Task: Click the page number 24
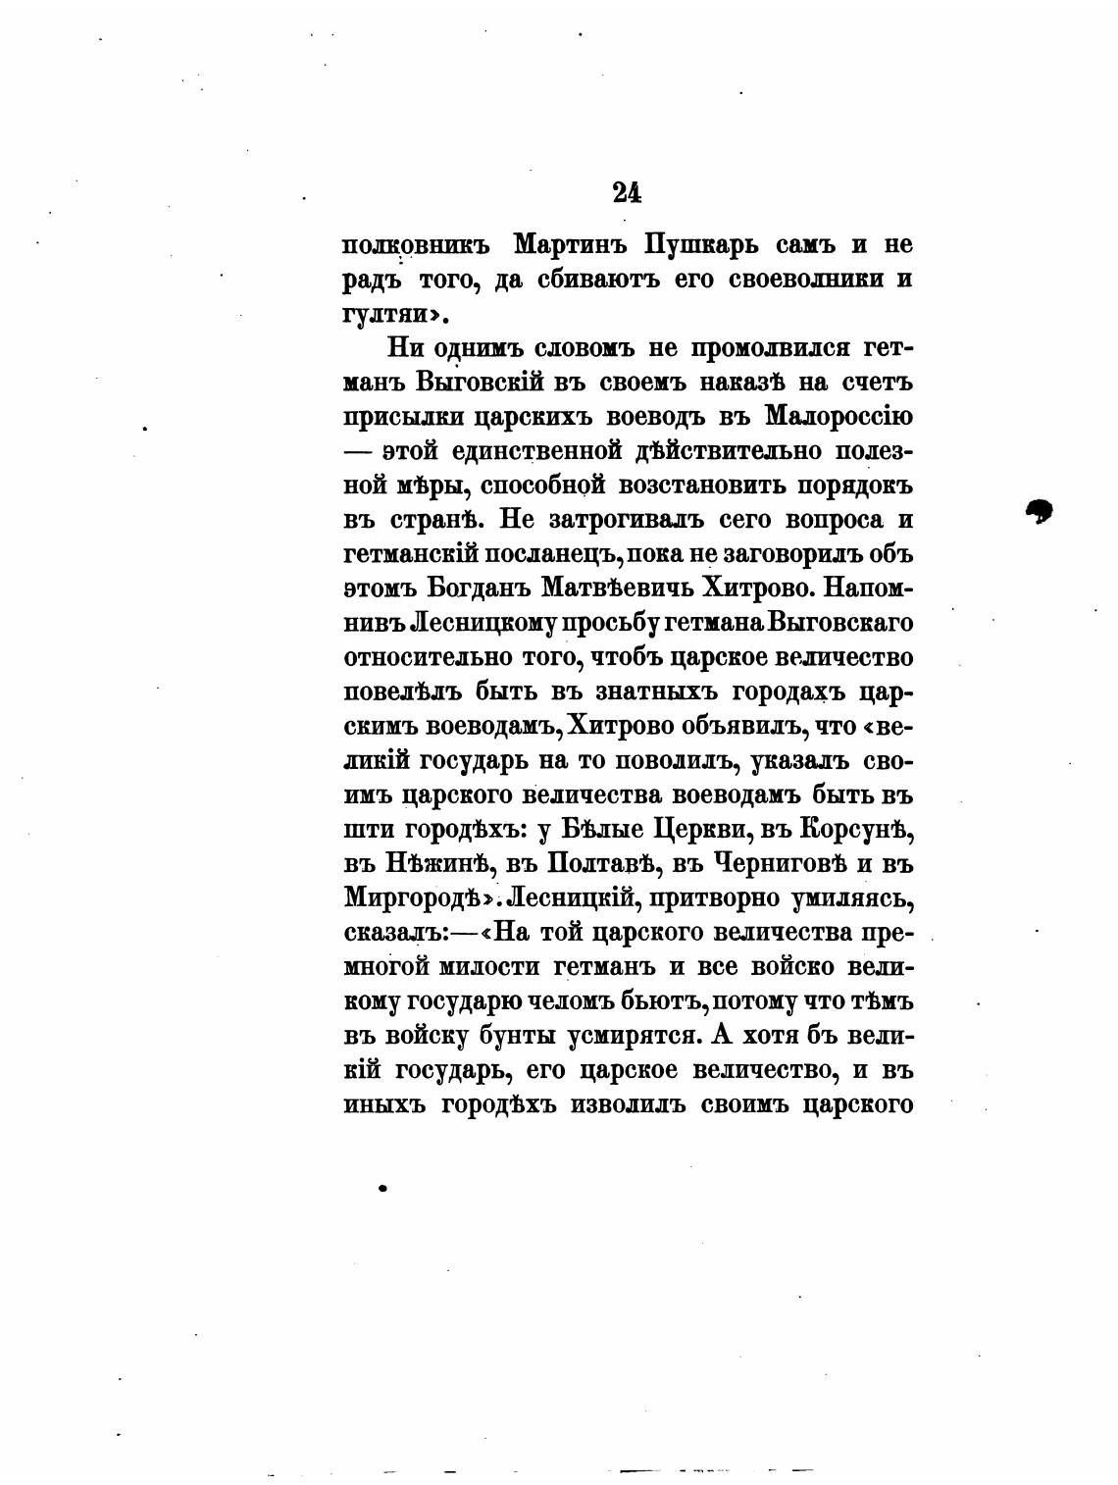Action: coord(627,191)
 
